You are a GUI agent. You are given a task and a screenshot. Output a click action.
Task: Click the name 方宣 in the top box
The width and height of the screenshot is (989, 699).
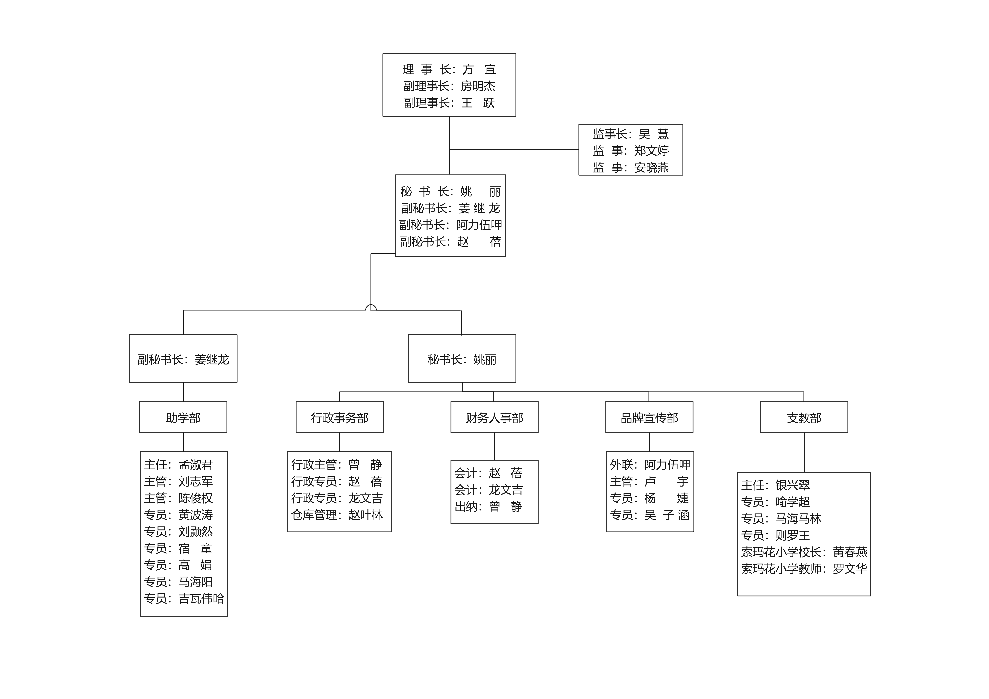tap(479, 69)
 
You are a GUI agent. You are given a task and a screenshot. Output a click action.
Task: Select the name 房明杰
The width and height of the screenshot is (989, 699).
tap(478, 86)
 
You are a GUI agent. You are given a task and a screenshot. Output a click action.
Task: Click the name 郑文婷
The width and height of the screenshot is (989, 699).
tap(651, 151)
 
